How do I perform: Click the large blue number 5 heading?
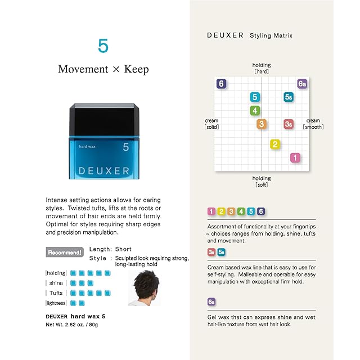coord(102,46)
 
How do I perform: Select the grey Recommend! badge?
coord(65,252)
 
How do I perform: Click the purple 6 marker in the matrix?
coord(221,84)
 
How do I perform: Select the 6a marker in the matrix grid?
coord(302,84)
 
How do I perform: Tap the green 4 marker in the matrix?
coord(255,110)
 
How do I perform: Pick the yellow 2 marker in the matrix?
coord(275,145)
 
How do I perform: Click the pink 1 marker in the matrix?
coord(295,158)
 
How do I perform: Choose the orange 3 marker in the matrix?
coord(262,124)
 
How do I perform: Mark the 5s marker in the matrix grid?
coord(289,97)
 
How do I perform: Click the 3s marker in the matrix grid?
coord(289,124)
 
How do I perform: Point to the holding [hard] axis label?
coord(262,68)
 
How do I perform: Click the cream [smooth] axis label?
coord(313,124)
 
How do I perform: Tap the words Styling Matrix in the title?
coord(271,35)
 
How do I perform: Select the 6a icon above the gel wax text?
coord(211,302)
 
